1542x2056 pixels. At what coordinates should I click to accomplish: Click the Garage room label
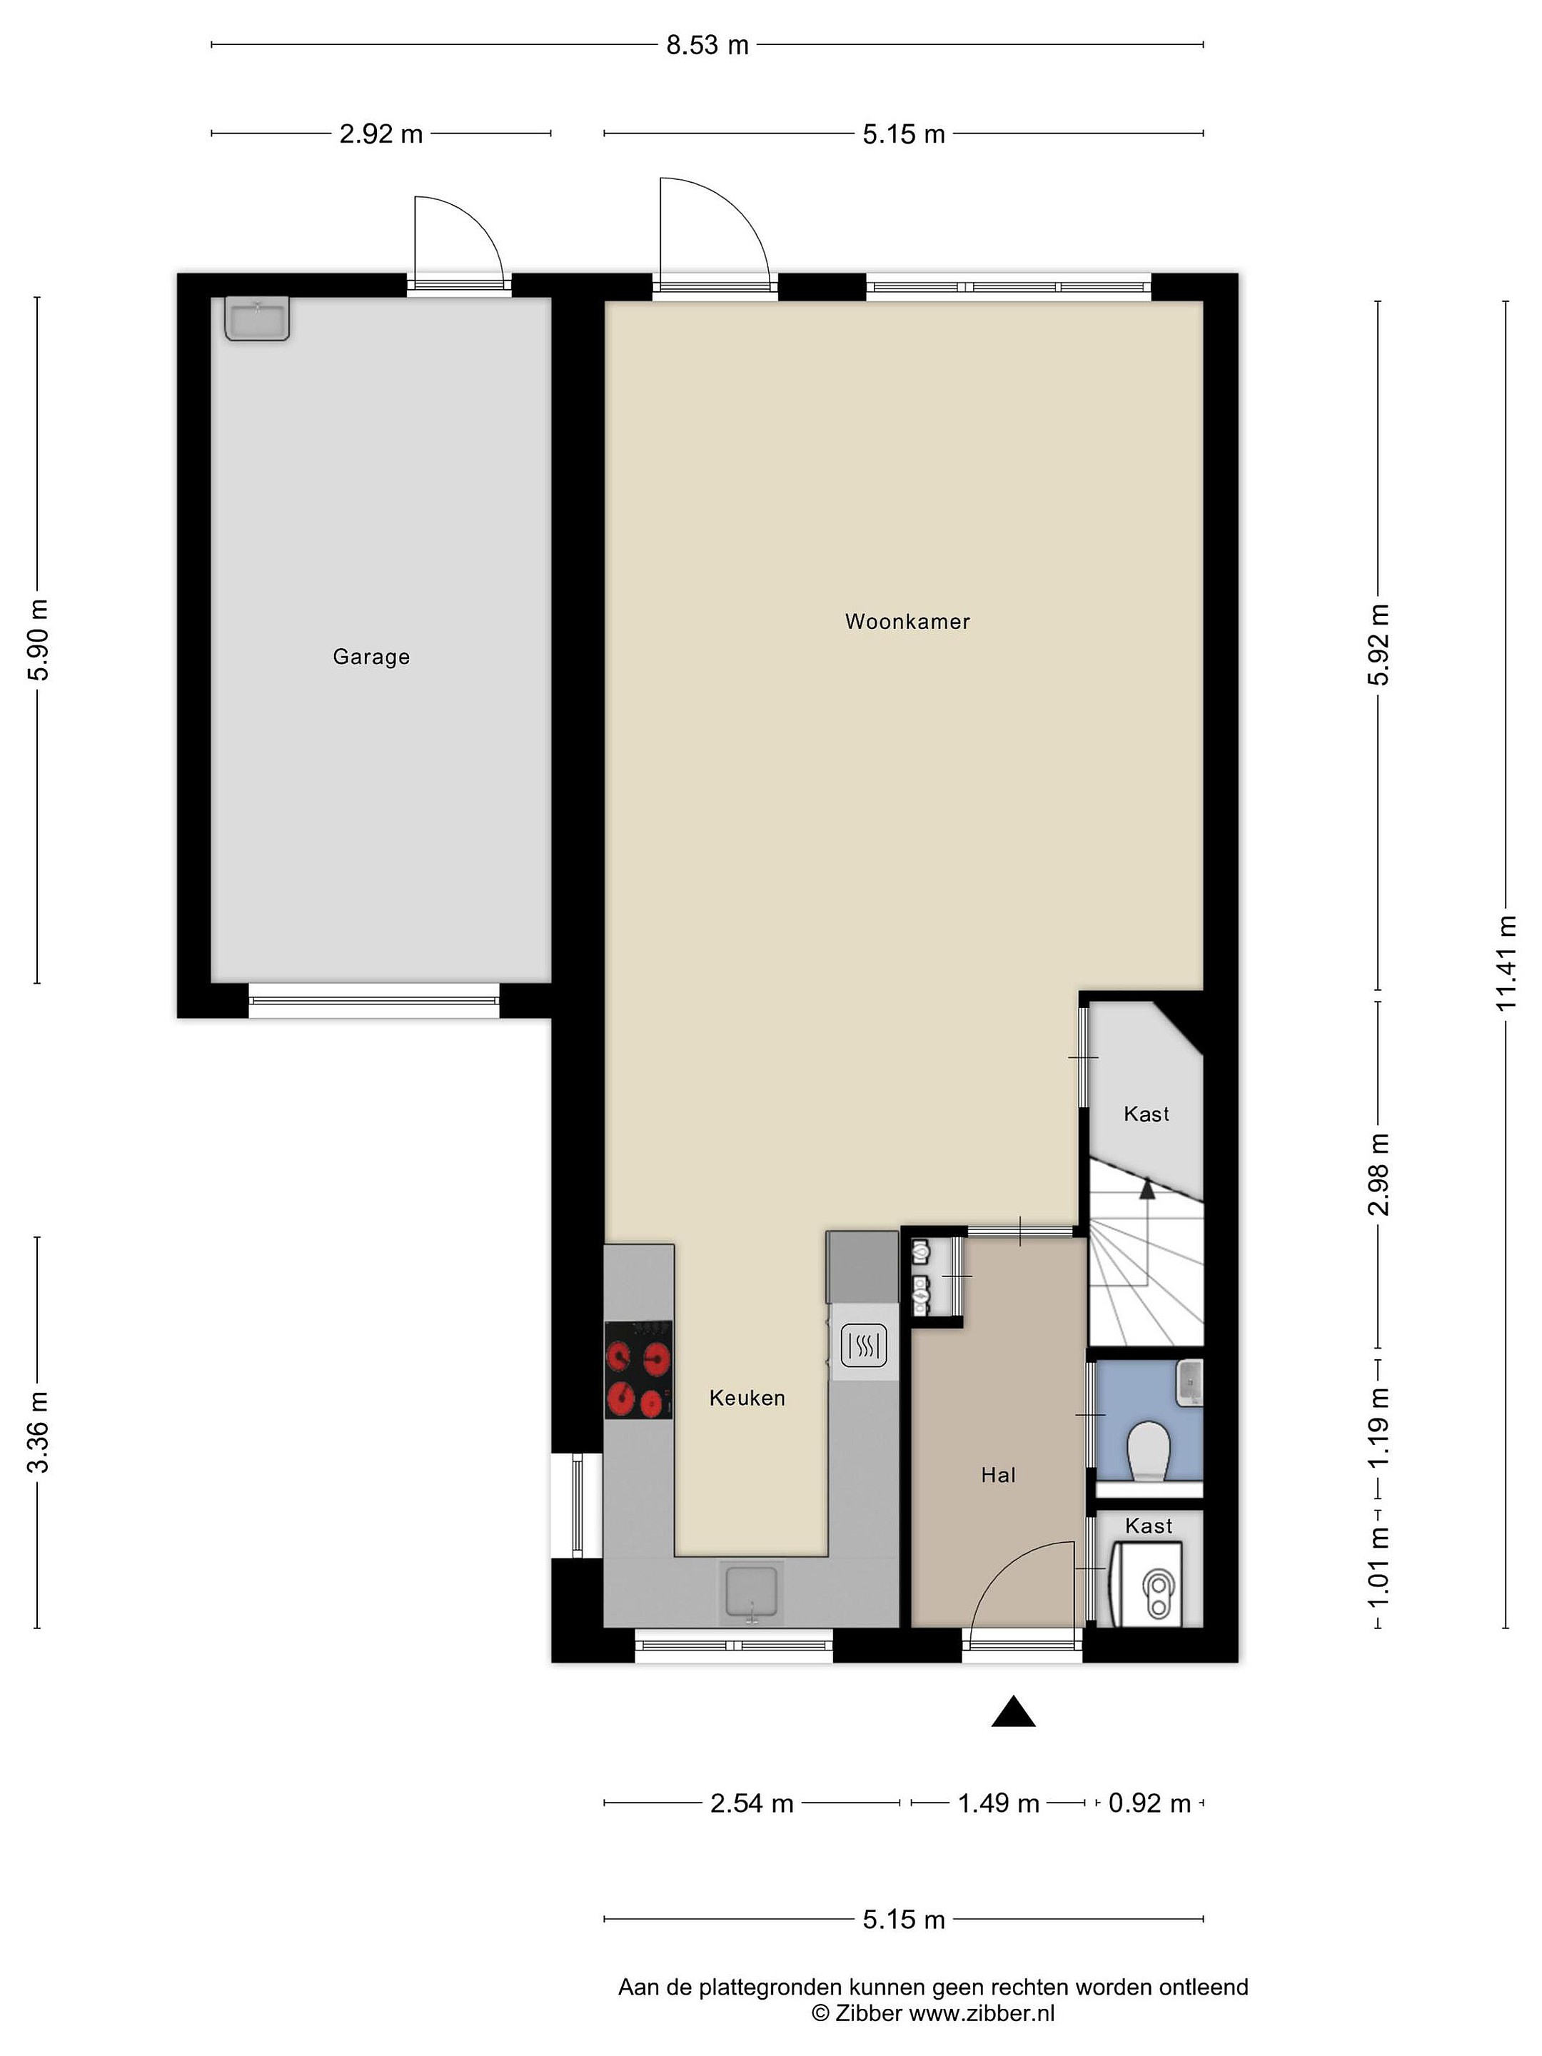(371, 657)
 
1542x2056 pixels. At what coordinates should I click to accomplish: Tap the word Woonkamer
(907, 622)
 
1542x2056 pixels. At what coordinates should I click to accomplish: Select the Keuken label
(746, 1398)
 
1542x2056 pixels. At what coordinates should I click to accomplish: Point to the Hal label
(998, 1475)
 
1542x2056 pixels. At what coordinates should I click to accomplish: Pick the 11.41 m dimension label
(1506, 963)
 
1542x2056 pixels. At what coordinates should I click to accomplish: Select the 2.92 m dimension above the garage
(381, 133)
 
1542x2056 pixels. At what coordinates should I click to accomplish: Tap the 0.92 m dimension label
(1150, 1803)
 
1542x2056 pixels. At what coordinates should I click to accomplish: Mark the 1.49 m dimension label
(998, 1803)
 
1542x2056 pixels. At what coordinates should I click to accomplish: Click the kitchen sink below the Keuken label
(752, 1593)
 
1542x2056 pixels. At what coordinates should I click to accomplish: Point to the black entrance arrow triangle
(1013, 1711)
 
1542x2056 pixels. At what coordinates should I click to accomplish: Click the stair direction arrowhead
(1147, 1187)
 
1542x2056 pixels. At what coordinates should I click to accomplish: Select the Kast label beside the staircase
(1146, 1114)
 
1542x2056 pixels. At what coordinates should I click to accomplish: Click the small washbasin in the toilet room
(1190, 1382)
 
